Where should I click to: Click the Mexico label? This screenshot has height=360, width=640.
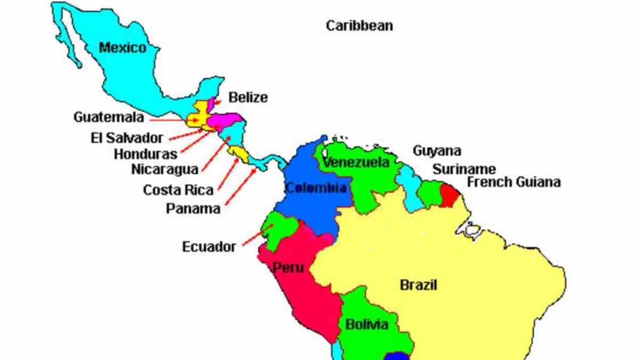122,48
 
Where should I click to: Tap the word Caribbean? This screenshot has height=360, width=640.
359,26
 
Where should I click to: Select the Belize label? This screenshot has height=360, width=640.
248,98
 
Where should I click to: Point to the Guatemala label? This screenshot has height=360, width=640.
109,117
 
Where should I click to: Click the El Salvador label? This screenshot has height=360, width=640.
126,138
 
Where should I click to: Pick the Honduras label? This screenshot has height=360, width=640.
146,154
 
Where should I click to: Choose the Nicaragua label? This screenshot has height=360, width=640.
164,170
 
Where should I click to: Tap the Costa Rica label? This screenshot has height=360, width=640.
178,189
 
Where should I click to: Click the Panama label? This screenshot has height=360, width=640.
193,209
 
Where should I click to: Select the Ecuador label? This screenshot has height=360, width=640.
209,247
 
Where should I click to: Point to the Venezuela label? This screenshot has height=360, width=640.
356,162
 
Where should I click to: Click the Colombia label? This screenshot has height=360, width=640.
316,188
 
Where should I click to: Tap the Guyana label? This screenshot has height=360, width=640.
437,151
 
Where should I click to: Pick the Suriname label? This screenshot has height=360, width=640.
463,170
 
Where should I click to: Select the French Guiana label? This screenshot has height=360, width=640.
514,182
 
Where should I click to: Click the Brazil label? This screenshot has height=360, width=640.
418,285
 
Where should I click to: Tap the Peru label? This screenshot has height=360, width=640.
289,268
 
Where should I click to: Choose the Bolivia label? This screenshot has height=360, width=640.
366,324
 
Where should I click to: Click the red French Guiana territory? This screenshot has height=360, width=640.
450,195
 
